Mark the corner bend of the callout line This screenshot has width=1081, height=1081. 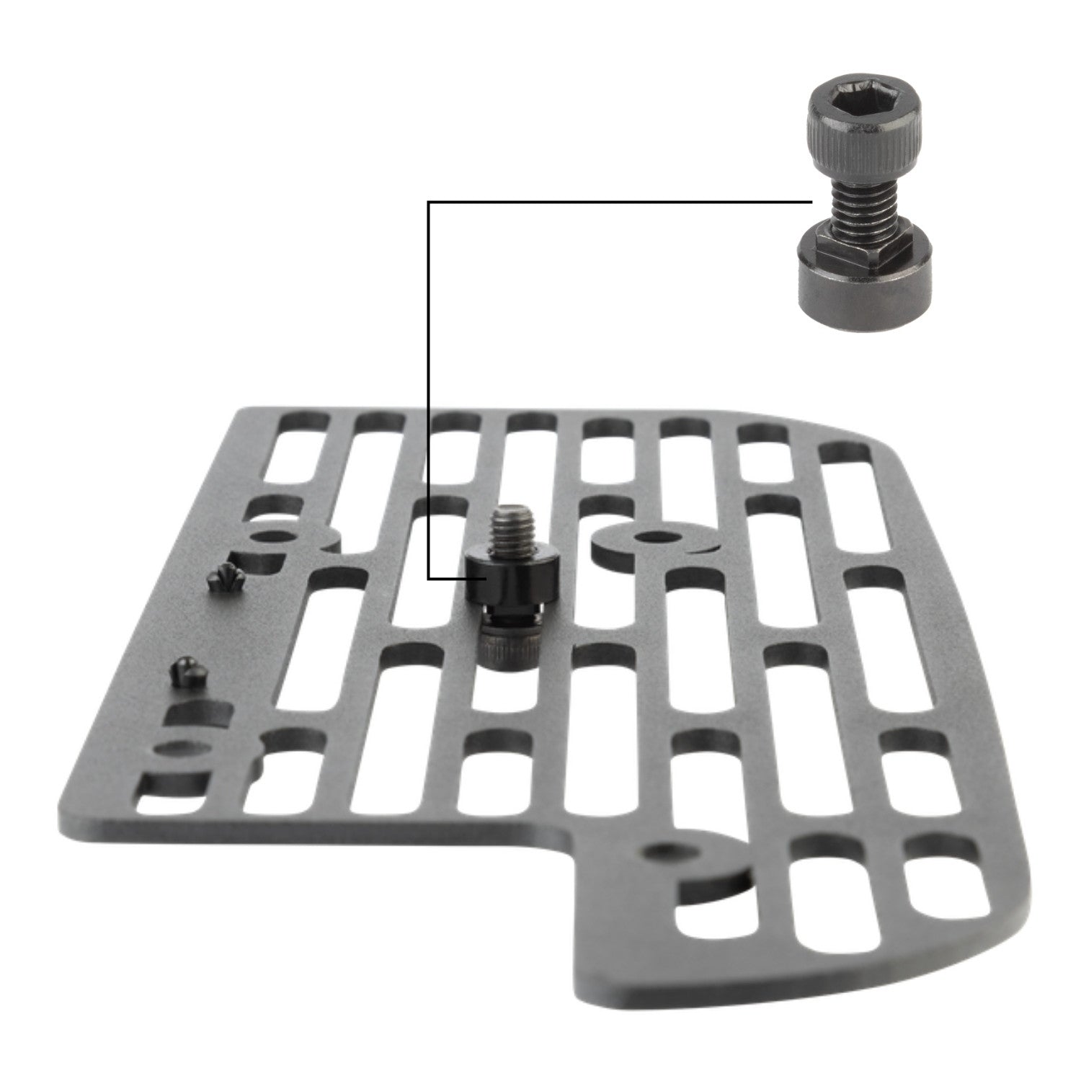coord(429,203)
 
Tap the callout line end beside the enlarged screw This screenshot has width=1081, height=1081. coord(812,203)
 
